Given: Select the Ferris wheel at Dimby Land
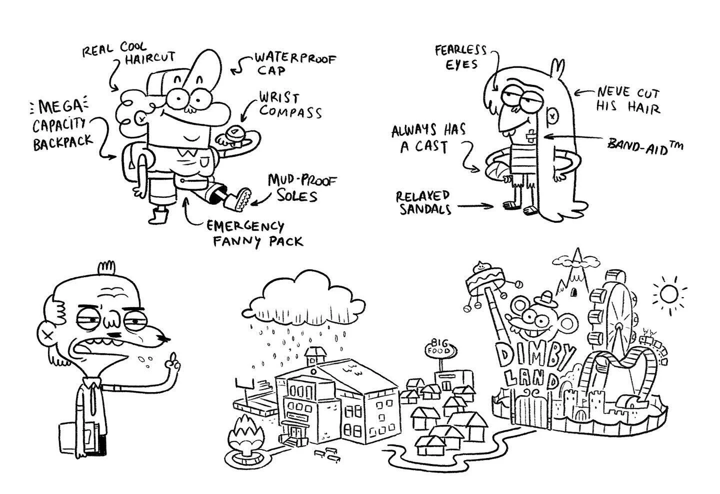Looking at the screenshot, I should [619, 320].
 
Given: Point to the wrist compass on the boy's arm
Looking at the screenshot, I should [234, 134].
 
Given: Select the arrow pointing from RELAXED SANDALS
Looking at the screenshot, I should [475, 205].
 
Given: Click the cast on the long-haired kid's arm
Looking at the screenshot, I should [496, 170].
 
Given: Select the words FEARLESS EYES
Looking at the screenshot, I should [460, 57].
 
